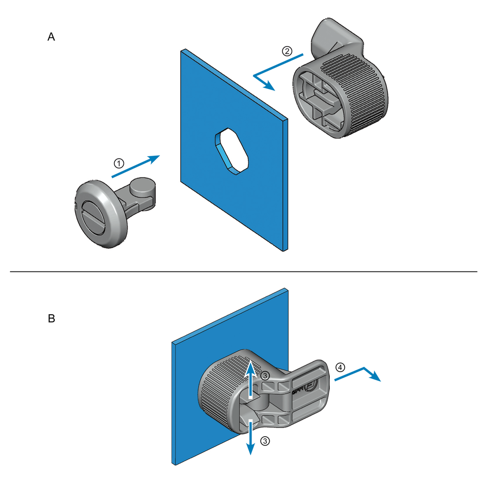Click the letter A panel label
pos(51,37)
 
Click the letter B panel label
pos(51,318)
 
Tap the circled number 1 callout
pos(119,163)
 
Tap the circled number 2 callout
pos(287,51)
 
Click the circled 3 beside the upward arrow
pos(265,375)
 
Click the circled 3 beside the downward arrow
pos(265,440)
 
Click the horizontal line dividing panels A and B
pos(243,271)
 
